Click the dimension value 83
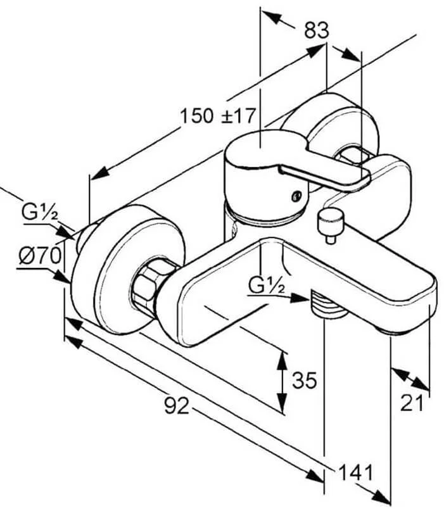point(317,30)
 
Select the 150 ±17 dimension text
point(217,116)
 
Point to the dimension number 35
point(304,380)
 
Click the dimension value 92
point(177,405)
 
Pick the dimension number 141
point(356,472)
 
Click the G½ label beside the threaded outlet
point(267,286)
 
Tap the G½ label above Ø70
point(39,212)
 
